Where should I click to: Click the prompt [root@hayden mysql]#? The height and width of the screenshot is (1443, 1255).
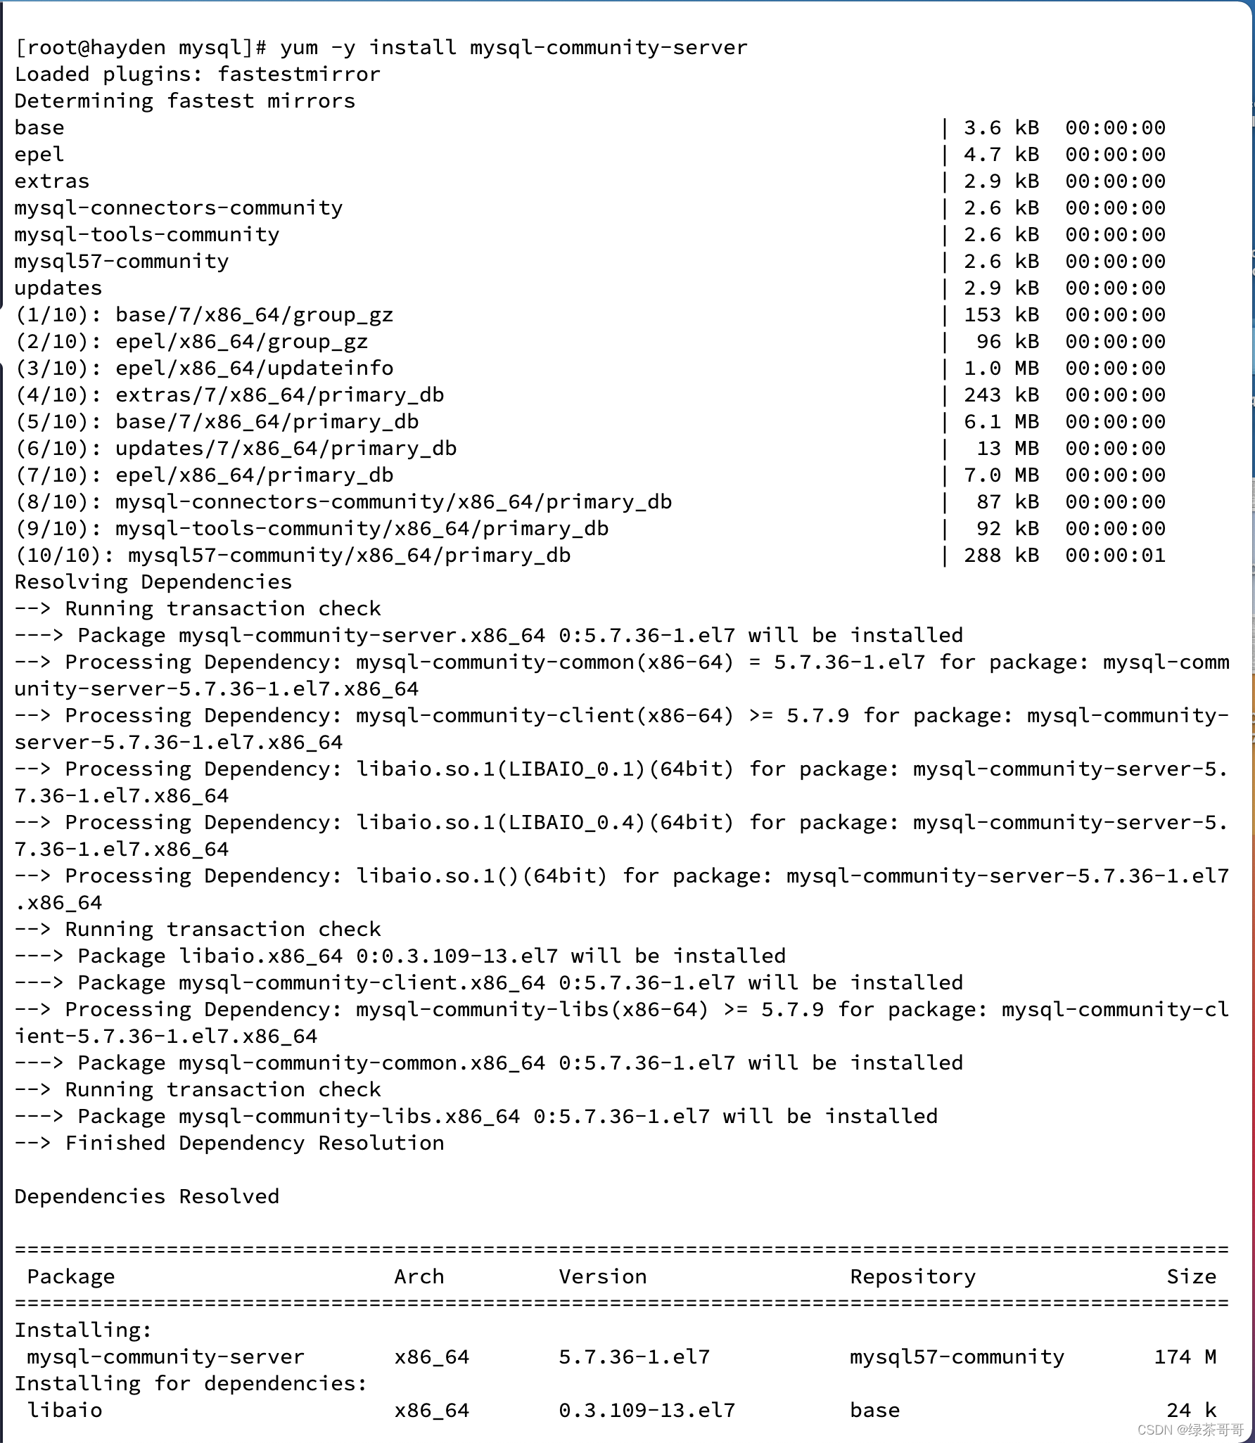(x=141, y=48)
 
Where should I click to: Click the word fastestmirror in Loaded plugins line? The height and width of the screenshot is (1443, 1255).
(x=299, y=75)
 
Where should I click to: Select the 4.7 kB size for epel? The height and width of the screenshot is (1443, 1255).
(x=1001, y=155)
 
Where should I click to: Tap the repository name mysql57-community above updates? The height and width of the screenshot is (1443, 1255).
(x=122, y=262)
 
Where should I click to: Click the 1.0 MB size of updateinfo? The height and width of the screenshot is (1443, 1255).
(x=1001, y=368)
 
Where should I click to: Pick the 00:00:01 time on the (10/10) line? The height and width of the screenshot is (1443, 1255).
(x=1115, y=556)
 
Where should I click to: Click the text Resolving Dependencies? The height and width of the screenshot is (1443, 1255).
(x=153, y=582)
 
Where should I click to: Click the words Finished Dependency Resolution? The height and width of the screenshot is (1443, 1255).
(x=255, y=1143)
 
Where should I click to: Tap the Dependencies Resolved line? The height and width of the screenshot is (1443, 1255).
(x=147, y=1197)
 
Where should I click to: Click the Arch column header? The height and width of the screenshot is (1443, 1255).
(x=419, y=1277)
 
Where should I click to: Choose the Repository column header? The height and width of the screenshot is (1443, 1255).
(x=912, y=1277)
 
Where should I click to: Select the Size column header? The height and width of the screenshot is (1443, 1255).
(x=1191, y=1277)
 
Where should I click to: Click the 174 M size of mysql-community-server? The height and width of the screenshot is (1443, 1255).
(x=1185, y=1357)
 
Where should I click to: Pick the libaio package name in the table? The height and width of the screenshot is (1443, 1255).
(x=65, y=1411)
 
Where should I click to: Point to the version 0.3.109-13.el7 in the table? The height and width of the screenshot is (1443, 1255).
(x=646, y=1411)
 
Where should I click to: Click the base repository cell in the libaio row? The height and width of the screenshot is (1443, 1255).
(x=874, y=1411)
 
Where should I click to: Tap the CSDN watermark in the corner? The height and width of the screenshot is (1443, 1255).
(x=1190, y=1430)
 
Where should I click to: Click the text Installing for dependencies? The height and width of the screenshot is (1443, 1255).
(x=191, y=1384)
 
